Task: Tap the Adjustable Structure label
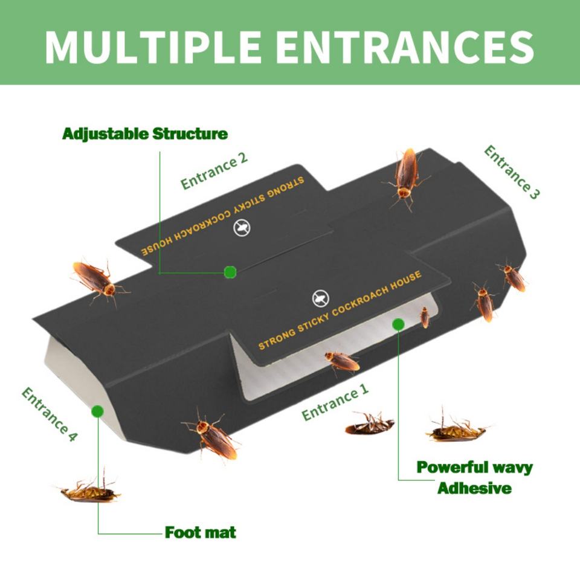(145, 134)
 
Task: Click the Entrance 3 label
(512, 172)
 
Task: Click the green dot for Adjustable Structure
(230, 272)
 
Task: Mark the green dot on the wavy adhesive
(398, 324)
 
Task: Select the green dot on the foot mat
(97, 411)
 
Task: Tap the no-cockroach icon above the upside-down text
(242, 228)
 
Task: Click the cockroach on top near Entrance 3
(407, 176)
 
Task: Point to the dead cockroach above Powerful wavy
(456, 430)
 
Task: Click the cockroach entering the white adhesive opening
(342, 362)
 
